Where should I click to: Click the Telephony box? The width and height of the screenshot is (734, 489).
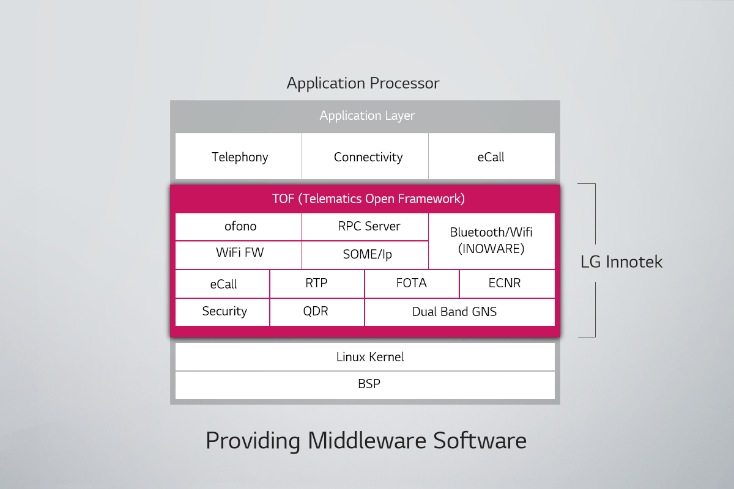pyautogui.click(x=239, y=157)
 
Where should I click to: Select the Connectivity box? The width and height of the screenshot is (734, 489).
pyautogui.click(x=368, y=157)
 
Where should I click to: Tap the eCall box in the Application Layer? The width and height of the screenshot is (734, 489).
pyautogui.click(x=491, y=157)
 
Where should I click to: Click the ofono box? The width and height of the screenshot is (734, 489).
pyautogui.click(x=239, y=227)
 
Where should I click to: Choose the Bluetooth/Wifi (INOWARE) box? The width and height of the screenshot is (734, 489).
pyautogui.click(x=491, y=241)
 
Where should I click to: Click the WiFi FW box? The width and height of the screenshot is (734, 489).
pyautogui.click(x=239, y=254)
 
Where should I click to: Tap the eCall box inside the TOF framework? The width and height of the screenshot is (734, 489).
pyautogui.click(x=223, y=284)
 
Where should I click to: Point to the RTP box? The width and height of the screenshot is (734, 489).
pyautogui.click(x=317, y=284)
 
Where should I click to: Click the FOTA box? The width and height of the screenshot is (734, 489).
pyautogui.click(x=412, y=284)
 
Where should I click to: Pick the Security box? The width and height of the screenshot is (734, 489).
pyautogui.click(x=224, y=312)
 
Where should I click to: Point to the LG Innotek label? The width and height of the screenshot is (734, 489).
pyautogui.click(x=621, y=262)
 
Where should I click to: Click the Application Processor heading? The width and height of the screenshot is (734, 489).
pyautogui.click(x=363, y=84)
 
